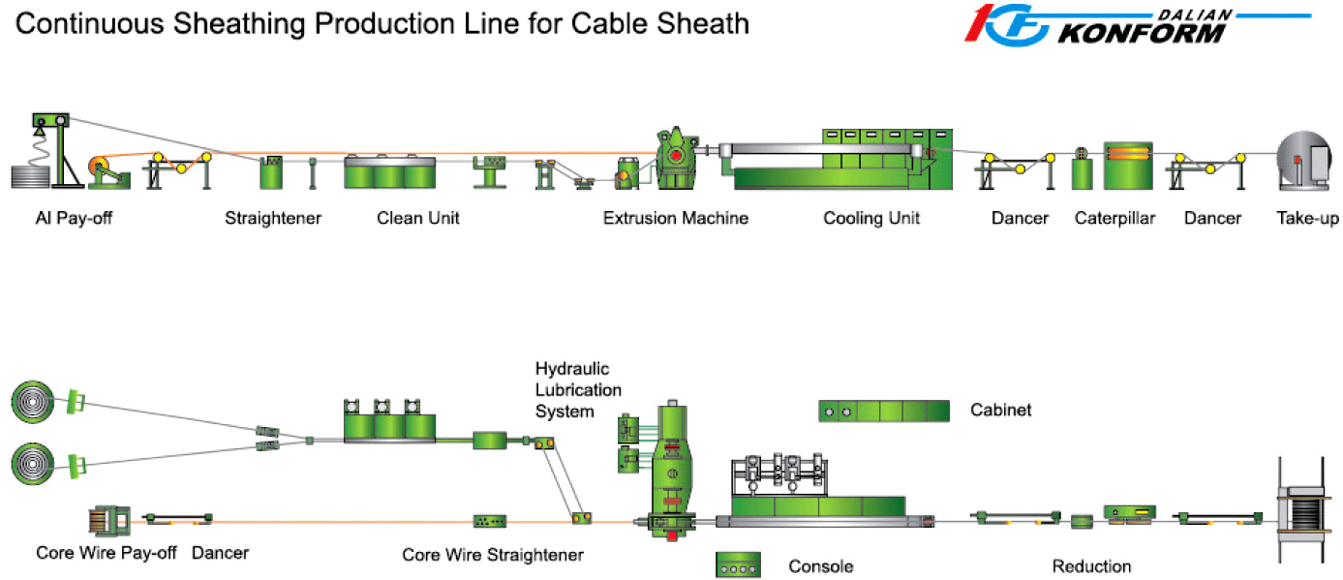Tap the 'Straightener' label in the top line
coord(273,219)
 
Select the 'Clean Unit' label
coord(418,219)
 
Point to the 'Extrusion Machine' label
coord(676,219)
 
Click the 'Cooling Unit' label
coord(871,219)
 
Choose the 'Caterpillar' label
coord(1114,219)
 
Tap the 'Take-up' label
coord(1307,219)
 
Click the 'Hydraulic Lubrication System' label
coord(578,390)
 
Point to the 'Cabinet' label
coord(1001,411)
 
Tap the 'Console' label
coord(821,566)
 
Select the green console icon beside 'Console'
coord(738,565)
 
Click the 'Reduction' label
coord(1091,566)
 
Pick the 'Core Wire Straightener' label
coord(493,556)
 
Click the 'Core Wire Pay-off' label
coord(107,554)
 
